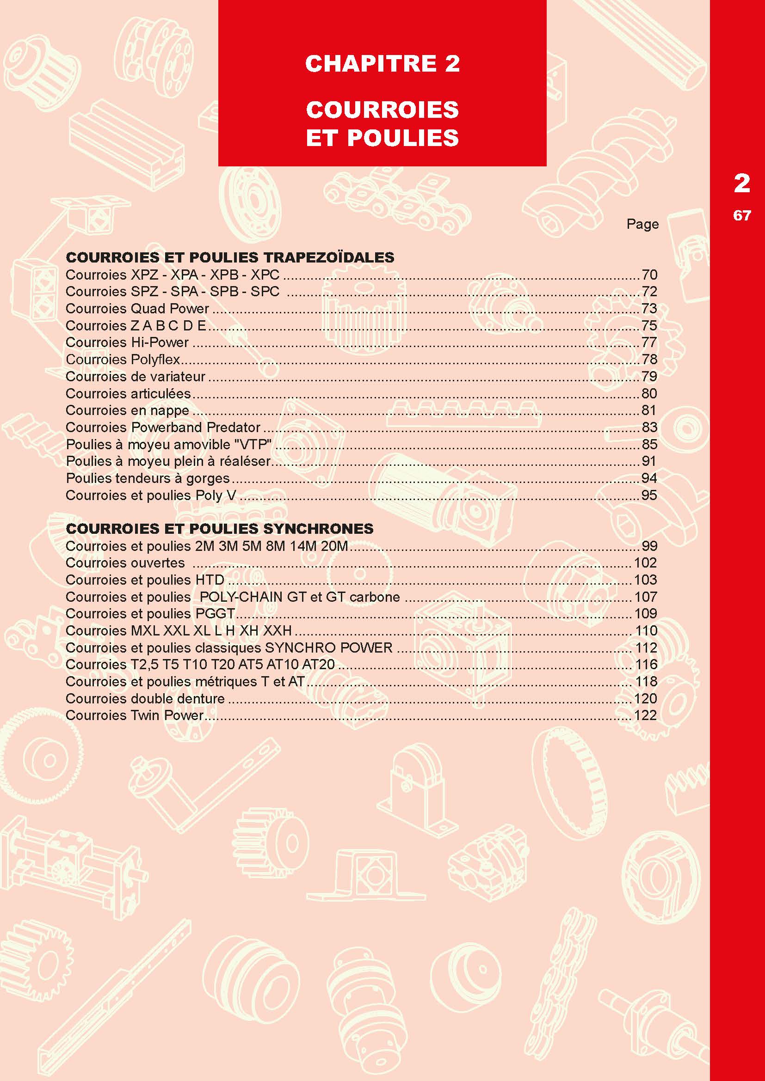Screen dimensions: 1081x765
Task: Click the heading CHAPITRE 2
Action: (382, 64)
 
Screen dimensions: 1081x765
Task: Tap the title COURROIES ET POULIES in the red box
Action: (382, 123)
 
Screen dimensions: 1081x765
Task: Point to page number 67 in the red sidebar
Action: (742, 215)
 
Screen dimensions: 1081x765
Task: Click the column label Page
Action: (642, 224)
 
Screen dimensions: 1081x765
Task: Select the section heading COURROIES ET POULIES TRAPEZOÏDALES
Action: (230, 257)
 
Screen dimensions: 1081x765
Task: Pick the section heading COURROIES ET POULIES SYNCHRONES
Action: (220, 528)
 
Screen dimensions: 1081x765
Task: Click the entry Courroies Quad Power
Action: (137, 308)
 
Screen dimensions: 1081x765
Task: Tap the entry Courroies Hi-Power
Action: (127, 342)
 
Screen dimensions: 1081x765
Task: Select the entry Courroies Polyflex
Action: (123, 359)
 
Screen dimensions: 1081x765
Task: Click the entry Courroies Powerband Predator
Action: (163, 427)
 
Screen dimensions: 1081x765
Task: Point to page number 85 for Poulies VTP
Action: (649, 444)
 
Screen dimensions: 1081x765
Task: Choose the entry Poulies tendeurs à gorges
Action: (148, 478)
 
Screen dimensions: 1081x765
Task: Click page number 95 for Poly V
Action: (649, 495)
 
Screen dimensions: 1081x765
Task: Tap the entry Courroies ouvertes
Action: (125, 562)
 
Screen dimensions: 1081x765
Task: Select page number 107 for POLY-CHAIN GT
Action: (645, 597)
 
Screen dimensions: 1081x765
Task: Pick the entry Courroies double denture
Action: (145, 698)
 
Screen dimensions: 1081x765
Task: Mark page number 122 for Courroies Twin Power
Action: (645, 715)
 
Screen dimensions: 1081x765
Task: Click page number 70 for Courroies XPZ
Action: (649, 275)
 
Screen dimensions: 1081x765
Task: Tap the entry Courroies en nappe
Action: (127, 410)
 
